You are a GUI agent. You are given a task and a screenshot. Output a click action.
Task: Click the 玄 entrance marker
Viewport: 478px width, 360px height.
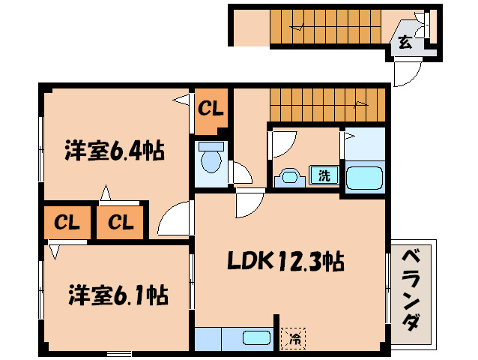tap(405, 42)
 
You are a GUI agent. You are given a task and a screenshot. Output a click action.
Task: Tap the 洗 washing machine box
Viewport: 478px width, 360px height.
tap(324, 176)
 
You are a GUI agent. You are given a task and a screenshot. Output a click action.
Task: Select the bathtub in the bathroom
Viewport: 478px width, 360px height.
tap(364, 178)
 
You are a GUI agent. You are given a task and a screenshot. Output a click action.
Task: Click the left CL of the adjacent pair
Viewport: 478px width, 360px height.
tap(67, 222)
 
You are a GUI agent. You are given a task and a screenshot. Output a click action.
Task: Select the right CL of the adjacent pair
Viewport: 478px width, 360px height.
tap(120, 222)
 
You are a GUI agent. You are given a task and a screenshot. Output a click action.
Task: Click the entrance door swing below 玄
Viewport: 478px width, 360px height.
tap(408, 73)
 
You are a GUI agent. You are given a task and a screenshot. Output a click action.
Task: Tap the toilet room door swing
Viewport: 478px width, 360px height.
tap(241, 173)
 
